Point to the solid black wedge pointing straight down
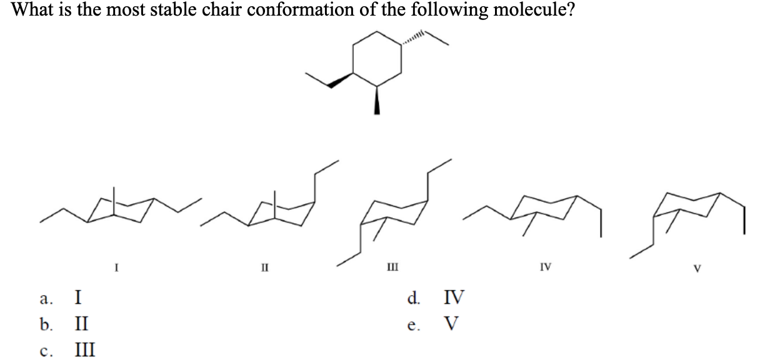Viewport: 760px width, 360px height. (376, 101)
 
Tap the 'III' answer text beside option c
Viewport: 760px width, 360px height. (85, 349)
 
